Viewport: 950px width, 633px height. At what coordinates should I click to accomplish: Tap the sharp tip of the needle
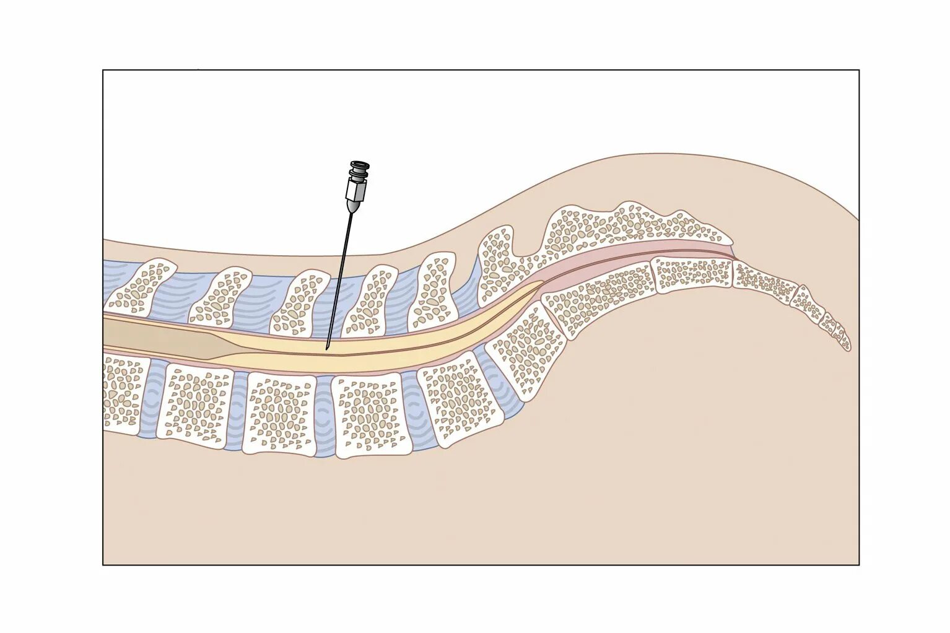click(326, 349)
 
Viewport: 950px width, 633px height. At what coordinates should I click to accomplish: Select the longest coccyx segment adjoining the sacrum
click(765, 281)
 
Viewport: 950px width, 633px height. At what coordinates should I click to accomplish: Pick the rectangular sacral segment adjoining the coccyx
click(694, 273)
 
